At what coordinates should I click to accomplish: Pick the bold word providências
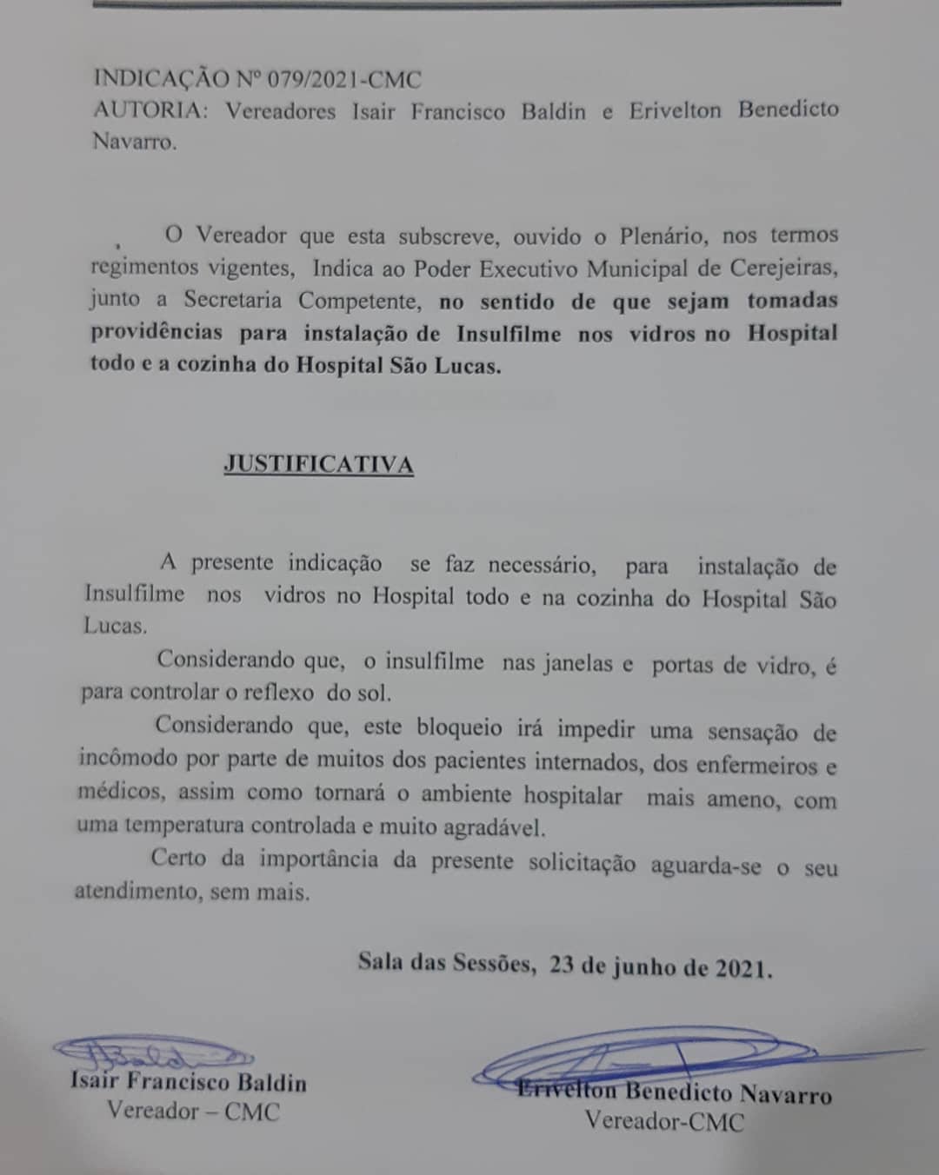point(156,333)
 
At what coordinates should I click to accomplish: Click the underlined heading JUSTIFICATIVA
point(318,464)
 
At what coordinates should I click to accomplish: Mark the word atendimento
point(138,892)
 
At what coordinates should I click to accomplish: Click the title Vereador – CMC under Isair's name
point(193,1112)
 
